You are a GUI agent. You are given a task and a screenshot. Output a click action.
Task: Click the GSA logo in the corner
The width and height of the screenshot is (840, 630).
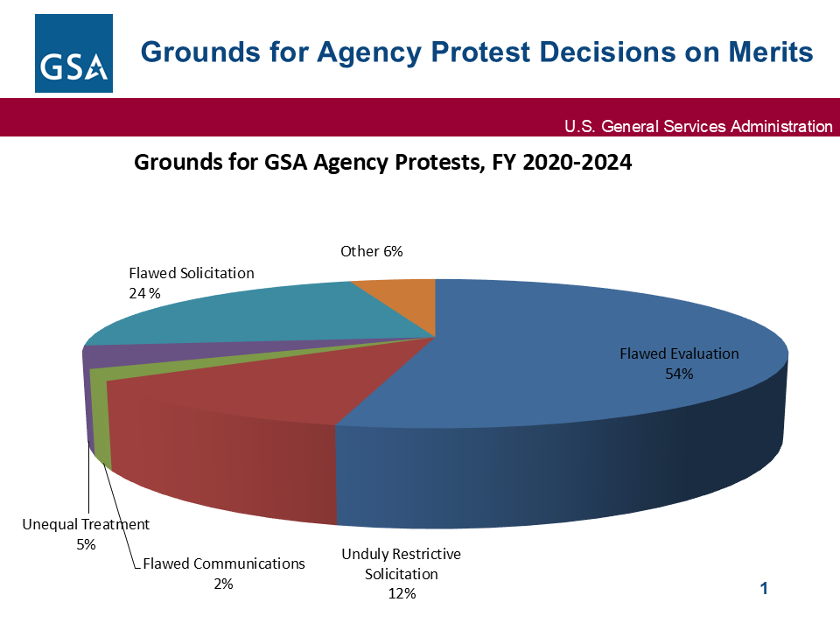coord(73,52)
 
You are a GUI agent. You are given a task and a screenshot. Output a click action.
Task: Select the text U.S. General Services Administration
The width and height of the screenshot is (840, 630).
coord(698,127)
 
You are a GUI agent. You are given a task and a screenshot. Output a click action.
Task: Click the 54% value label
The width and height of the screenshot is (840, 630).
coord(679,374)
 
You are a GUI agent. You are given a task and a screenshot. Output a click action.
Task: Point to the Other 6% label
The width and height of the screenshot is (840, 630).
coord(371,252)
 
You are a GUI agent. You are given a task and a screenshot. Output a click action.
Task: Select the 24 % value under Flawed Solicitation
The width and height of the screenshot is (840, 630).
coord(144,293)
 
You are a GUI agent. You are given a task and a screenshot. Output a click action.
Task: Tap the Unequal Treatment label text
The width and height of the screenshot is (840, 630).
coord(86,524)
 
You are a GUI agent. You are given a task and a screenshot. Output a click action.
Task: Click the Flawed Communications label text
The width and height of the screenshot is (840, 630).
coord(224,563)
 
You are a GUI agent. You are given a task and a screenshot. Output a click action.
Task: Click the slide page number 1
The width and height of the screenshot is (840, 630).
coord(764,589)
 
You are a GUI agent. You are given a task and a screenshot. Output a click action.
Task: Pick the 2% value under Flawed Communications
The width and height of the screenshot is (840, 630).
coord(224,584)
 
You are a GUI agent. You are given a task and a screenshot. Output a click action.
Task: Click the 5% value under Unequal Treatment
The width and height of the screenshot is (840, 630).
coord(86,544)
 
